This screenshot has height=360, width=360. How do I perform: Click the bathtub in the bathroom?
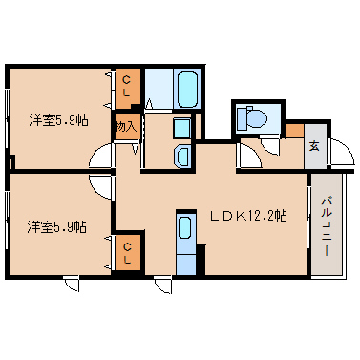[186, 91]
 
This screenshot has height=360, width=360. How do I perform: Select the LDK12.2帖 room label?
[247, 216]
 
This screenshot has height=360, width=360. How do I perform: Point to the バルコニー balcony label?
[326, 224]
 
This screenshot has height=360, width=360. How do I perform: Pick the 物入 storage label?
[126, 125]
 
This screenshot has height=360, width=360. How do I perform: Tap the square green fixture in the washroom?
[181, 127]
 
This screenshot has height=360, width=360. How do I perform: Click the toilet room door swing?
[249, 148]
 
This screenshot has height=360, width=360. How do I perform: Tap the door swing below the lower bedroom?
[72, 283]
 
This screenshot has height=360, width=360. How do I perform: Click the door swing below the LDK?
[162, 283]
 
